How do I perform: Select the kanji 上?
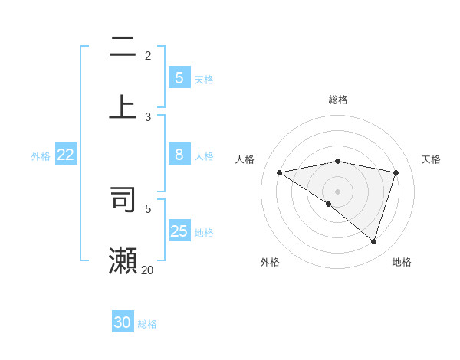(123, 106)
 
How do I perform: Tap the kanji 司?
(123, 198)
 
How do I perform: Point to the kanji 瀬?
(123, 260)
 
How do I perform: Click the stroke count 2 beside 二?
(148, 55)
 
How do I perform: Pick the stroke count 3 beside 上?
(148, 116)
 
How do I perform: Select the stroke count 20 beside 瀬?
(147, 270)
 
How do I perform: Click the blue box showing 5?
(179, 78)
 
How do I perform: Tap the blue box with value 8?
(179, 155)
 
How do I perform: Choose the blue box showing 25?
(179, 231)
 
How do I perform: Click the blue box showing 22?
(66, 155)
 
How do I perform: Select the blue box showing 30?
(123, 322)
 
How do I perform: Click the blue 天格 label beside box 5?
(204, 79)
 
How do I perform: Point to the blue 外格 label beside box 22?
(41, 156)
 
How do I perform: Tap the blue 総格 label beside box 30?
(147, 324)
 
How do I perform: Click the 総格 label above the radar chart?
(338, 100)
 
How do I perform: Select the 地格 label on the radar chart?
(402, 262)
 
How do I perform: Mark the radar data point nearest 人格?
(279, 172)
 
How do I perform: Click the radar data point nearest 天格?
(396, 172)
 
